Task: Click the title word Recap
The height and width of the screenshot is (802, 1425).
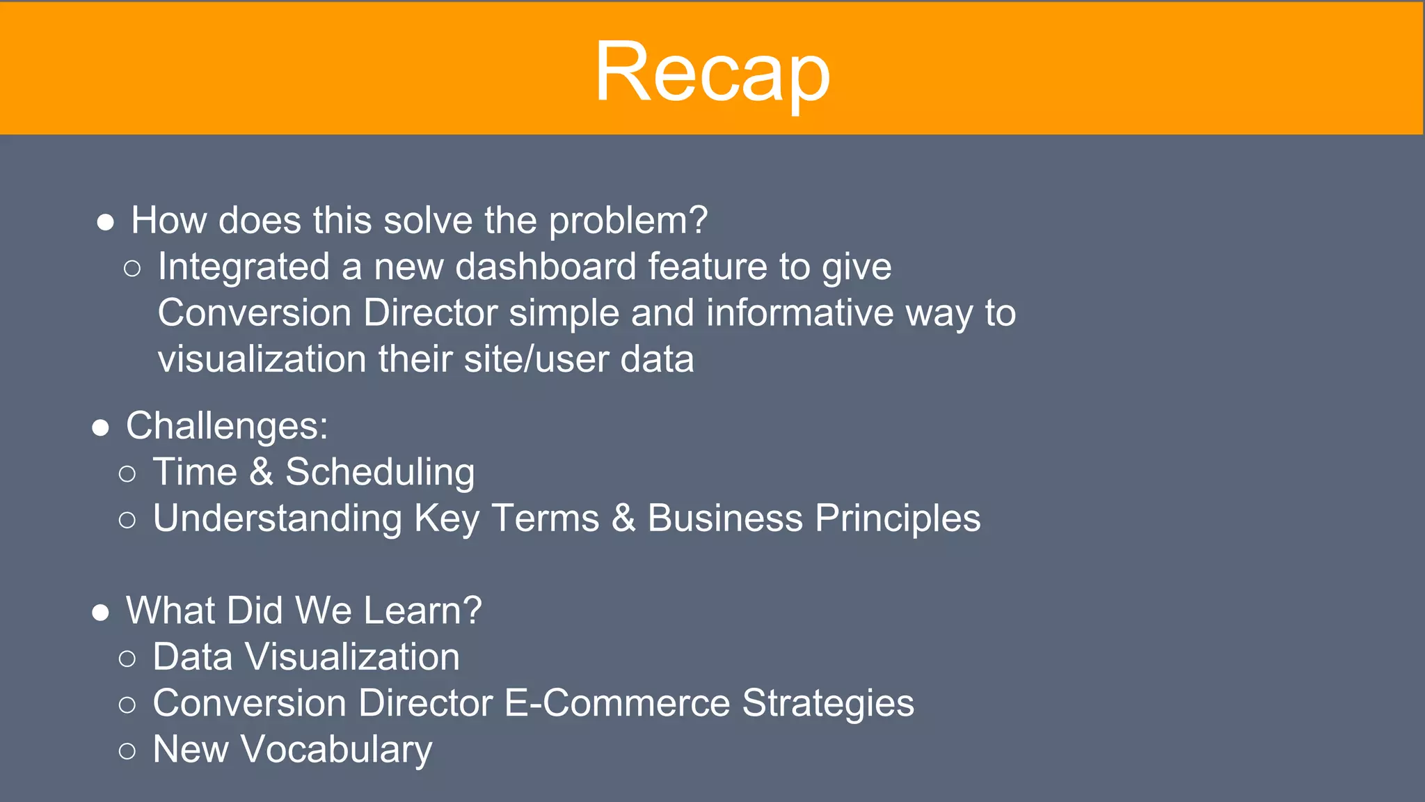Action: click(x=712, y=72)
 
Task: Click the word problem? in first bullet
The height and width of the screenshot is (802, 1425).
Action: click(x=628, y=221)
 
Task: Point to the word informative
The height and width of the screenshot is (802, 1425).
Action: click(x=799, y=313)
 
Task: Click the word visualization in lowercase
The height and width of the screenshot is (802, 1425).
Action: click(x=262, y=359)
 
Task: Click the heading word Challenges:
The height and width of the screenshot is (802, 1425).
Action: click(x=227, y=426)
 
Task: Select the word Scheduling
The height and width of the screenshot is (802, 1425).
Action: click(x=380, y=473)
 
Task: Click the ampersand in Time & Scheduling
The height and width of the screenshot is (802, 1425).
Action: click(x=261, y=472)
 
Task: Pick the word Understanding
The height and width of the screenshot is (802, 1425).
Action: click(x=277, y=519)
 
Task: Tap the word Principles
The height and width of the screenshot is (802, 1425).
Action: click(x=897, y=519)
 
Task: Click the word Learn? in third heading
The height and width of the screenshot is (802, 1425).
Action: click(x=422, y=611)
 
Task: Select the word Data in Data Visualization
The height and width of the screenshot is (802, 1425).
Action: click(x=192, y=657)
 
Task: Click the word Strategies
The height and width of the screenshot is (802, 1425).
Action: click(x=827, y=704)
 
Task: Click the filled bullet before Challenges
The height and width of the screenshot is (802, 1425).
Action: click(x=101, y=427)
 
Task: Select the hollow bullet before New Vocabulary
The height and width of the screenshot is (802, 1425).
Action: click(x=127, y=751)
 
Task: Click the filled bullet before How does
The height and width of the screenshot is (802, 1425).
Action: click(x=106, y=223)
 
